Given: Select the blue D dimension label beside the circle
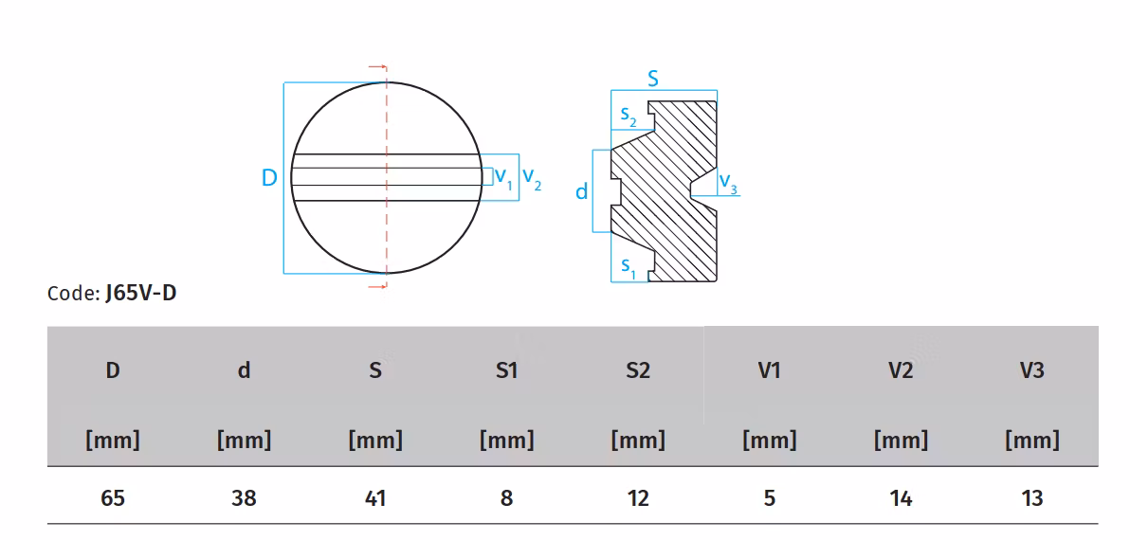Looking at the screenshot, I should click(269, 177).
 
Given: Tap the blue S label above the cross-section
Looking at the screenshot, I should click(653, 79).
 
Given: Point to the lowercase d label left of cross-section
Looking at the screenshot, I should click(582, 191).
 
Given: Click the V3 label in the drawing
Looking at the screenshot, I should click(727, 183).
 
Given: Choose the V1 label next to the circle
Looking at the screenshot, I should click(503, 177).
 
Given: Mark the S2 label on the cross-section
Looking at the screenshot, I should click(629, 116).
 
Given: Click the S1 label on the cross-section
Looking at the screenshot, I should click(629, 267).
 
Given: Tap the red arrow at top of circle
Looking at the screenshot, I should click(378, 67).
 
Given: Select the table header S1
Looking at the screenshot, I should click(506, 370).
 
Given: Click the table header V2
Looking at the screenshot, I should click(900, 370).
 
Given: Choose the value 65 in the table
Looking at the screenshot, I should click(113, 497).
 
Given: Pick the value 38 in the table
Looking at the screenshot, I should click(244, 497).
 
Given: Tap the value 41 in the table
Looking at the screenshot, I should click(375, 497).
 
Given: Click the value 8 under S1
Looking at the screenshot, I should click(506, 497).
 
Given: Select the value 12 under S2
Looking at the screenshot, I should click(638, 497).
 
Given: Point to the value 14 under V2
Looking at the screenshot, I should click(900, 497).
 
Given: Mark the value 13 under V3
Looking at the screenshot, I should click(1031, 497).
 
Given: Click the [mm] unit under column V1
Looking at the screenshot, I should click(769, 440).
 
